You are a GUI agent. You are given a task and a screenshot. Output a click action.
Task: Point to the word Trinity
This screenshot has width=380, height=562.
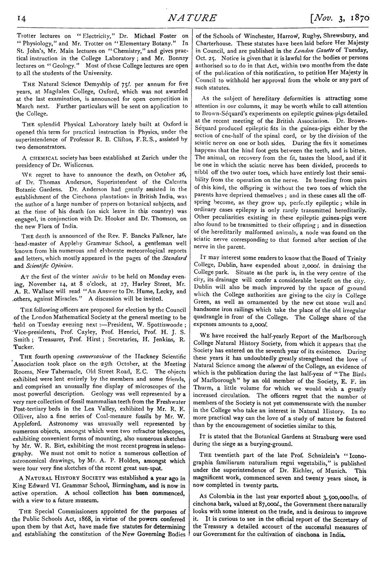point(354,259)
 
